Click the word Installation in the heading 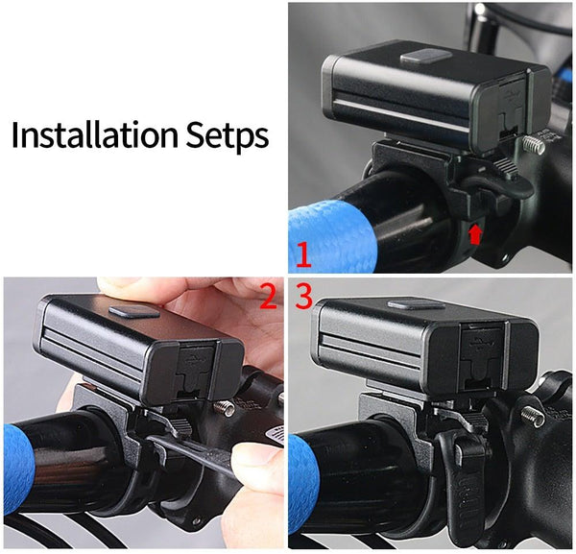coord(95,134)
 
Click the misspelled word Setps coord(227,136)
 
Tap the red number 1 coord(303,255)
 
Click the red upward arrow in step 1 coord(475,234)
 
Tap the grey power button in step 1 coord(425,56)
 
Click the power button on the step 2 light coord(134,311)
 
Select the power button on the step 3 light coord(417,304)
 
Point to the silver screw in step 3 coord(533,417)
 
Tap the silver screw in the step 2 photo coord(224,408)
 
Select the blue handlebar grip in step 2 coord(18,470)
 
